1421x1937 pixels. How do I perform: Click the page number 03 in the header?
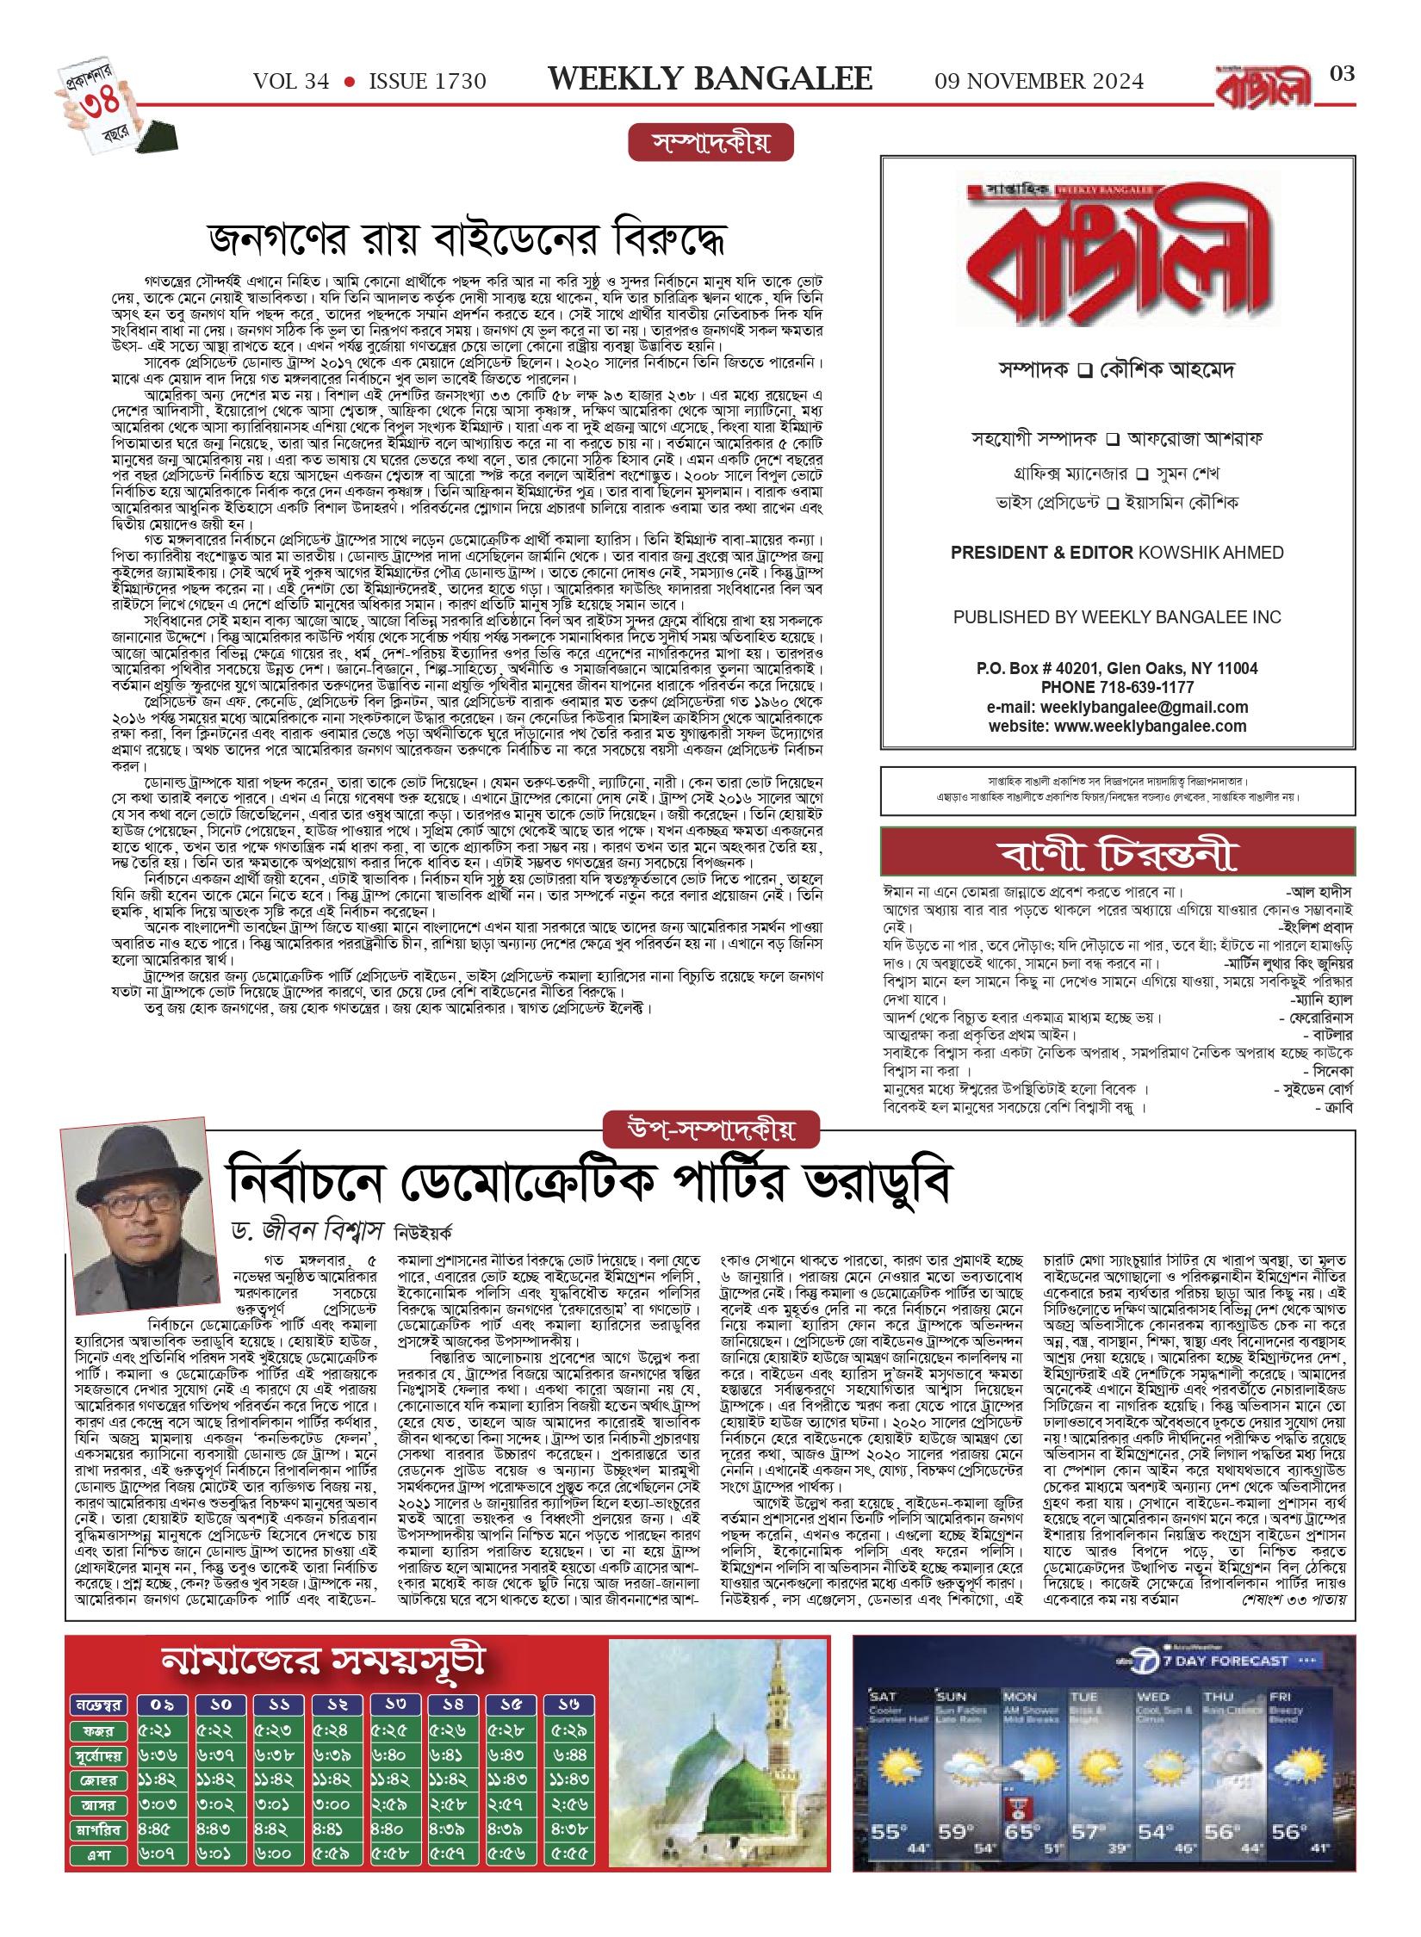tap(1342, 74)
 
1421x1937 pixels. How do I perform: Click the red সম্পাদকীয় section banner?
tap(710, 143)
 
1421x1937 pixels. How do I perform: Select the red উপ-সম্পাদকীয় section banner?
tap(710, 1130)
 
